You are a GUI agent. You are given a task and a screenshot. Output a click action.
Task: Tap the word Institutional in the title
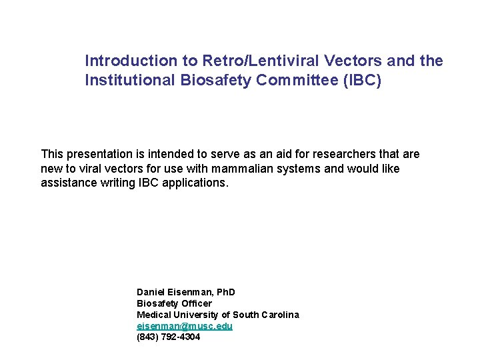tap(126, 81)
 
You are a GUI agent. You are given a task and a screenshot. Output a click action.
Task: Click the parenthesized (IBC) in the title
tap(360, 81)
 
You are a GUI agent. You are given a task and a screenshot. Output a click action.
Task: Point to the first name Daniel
tap(151, 292)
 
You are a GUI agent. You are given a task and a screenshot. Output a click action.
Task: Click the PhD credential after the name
tap(225, 292)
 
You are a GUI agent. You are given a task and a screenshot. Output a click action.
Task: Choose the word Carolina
tap(279, 315)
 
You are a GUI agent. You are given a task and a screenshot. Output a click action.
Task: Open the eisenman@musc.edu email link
tap(185, 326)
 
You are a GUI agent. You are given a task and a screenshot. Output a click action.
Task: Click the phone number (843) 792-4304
tap(168, 337)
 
